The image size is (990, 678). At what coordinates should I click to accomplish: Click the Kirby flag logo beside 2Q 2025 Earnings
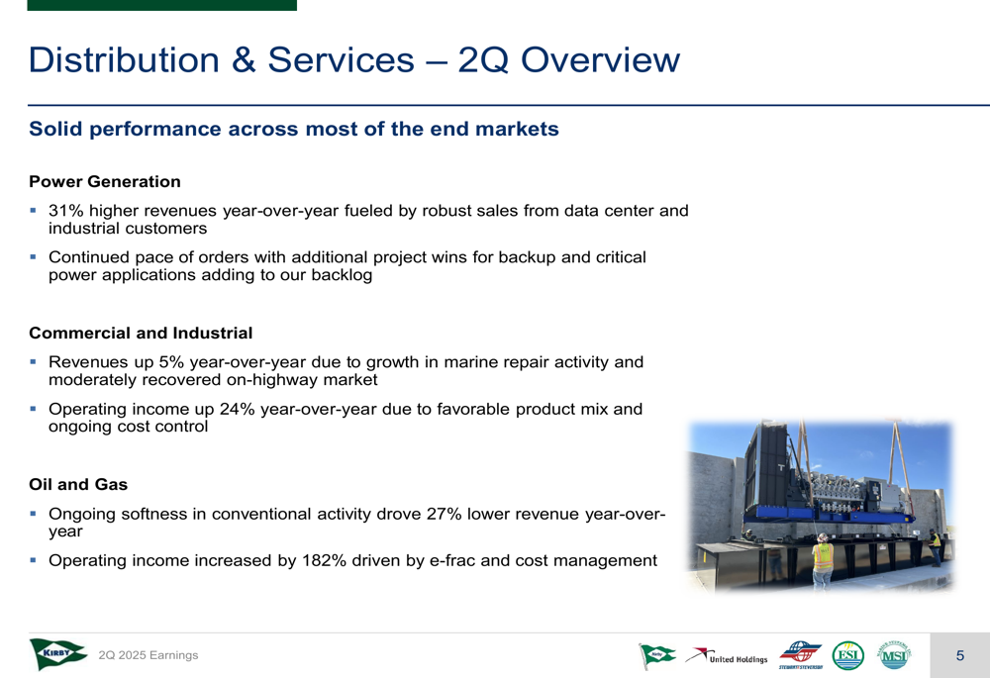coord(58,654)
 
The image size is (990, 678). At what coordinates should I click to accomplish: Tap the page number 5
coord(959,655)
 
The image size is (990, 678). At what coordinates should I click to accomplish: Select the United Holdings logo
coord(727,656)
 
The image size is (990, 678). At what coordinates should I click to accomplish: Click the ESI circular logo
coord(847,655)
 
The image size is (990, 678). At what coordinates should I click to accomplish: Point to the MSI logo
coord(893,655)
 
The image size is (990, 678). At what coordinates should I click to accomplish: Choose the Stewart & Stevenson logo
coord(801,655)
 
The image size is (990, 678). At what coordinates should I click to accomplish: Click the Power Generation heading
coord(105,182)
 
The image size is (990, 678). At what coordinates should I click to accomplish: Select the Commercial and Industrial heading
coord(141,334)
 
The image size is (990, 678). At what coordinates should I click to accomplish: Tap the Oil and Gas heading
coord(78,485)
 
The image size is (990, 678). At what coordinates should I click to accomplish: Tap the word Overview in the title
coord(601,60)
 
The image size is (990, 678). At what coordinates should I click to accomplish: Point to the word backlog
coord(342,275)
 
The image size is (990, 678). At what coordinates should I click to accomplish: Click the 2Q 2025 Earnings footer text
coord(148,655)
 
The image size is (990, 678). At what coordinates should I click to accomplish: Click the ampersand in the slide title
coord(244,60)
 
